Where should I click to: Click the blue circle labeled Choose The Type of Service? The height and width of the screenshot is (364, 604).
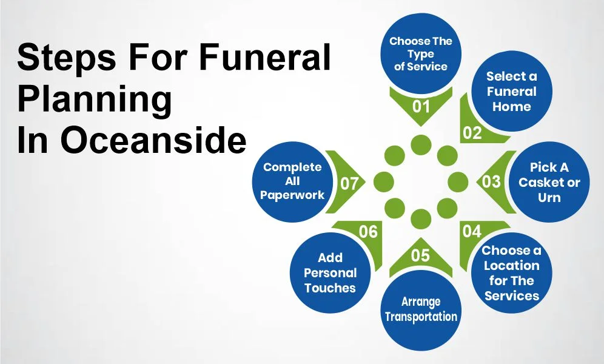pos(420,53)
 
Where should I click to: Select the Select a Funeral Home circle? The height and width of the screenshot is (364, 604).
pos(511,92)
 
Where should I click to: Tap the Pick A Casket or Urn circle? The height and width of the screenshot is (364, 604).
pos(549,181)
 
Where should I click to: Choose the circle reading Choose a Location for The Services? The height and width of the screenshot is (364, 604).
pos(511,273)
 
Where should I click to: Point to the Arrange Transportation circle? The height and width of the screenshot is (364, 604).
pos(420,309)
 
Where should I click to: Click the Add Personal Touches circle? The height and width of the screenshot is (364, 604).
pos(330,272)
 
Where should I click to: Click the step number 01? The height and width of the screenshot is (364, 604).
pos(421,106)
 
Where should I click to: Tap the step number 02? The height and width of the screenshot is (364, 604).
pos(472,132)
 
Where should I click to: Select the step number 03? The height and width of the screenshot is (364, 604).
pos(491,181)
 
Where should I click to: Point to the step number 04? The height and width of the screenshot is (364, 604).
pos(472,231)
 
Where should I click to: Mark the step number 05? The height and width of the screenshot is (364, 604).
pos(420,255)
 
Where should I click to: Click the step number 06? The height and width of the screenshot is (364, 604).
pos(368,231)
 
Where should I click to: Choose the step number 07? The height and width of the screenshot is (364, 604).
pos(349,182)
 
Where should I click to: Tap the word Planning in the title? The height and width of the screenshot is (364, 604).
pos(95,101)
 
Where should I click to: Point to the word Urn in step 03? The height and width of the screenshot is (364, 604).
pos(549,198)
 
